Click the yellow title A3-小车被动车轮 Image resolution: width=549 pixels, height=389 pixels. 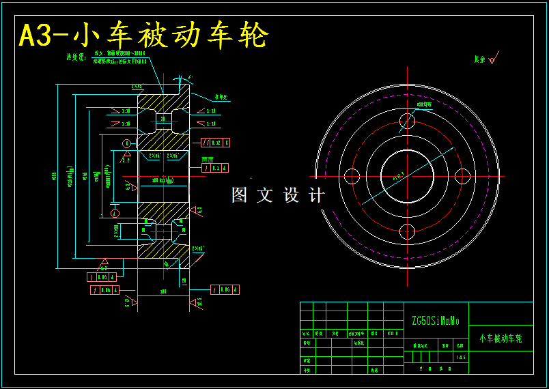click(x=143, y=35)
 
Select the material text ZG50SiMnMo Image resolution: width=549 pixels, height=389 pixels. click(x=435, y=320)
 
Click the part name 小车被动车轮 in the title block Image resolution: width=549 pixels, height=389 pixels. click(x=501, y=338)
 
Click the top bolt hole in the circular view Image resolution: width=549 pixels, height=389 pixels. click(x=407, y=121)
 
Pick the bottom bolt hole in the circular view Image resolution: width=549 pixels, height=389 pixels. click(x=407, y=231)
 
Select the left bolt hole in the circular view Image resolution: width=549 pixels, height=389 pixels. click(x=352, y=176)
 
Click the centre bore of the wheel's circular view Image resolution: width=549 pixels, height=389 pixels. click(x=407, y=176)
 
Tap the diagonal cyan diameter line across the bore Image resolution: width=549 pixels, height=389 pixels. click(x=382, y=190)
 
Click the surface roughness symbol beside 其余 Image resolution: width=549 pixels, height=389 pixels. click(x=492, y=59)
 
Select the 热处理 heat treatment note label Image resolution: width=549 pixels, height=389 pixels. click(x=74, y=57)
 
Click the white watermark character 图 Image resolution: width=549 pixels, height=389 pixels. click(x=239, y=195)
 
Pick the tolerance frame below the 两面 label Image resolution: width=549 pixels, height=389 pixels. click(x=214, y=167)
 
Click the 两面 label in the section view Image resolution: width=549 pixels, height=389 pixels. click(x=207, y=158)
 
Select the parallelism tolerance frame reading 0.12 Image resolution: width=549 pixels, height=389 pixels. click(x=216, y=143)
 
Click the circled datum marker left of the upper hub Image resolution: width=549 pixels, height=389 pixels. click(x=126, y=143)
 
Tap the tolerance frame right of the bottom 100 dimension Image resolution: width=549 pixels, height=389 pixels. click(x=225, y=289)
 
